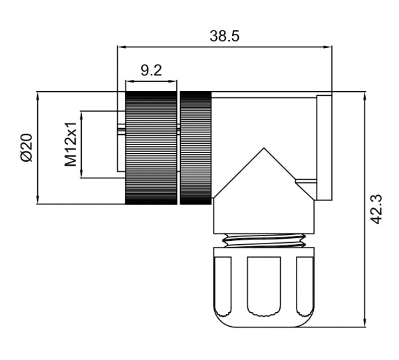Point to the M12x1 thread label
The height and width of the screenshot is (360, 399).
click(70, 144)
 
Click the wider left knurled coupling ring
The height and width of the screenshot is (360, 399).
click(152, 148)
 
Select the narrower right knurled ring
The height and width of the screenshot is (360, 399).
click(196, 148)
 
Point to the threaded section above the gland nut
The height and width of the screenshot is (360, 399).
click(263, 240)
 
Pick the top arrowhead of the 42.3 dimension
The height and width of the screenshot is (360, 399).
click(364, 96)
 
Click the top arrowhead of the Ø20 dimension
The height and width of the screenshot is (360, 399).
click(38, 95)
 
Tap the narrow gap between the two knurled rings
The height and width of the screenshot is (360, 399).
click(179, 148)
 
